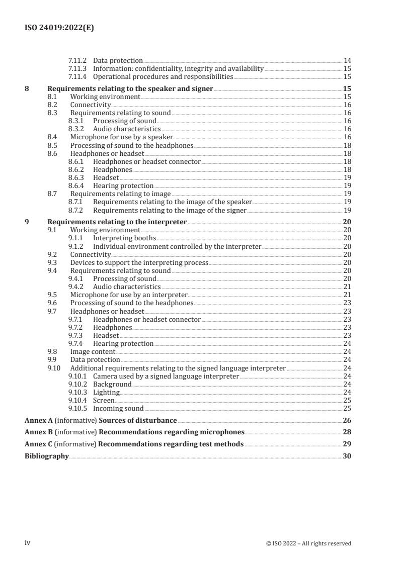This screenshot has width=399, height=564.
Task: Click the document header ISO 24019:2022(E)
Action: [59, 28]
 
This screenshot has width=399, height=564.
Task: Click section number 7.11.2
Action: [77, 60]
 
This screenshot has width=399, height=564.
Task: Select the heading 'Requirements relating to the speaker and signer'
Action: [130, 89]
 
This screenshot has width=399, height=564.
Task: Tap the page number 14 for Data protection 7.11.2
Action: [347, 60]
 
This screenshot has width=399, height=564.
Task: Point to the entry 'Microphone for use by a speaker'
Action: [121, 137]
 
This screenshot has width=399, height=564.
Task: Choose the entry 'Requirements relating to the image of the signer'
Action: [170, 210]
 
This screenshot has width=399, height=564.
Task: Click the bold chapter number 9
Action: [27, 222]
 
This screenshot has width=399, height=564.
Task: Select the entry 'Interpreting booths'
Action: [124, 238]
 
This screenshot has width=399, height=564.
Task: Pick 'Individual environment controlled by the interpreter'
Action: [177, 246]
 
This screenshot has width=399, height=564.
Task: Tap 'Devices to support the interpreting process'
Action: [139, 262]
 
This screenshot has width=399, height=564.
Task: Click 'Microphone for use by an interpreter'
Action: [129, 295]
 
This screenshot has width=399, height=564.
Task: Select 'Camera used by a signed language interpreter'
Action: [166, 376]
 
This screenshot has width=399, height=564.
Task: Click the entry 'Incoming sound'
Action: [118, 408]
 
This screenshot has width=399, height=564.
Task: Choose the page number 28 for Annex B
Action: [347, 432]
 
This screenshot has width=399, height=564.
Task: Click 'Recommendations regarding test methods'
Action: [171, 444]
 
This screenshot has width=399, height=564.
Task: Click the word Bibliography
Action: [47, 456]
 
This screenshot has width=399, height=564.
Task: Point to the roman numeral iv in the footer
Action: [28, 543]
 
